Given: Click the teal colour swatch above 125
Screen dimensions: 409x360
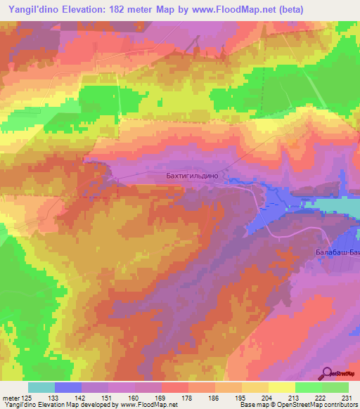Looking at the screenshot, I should (41, 387).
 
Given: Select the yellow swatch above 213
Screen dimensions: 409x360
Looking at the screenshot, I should (281, 387).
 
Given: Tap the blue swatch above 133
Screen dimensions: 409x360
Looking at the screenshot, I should (67, 387).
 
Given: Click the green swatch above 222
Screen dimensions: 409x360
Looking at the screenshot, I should (308, 387).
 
